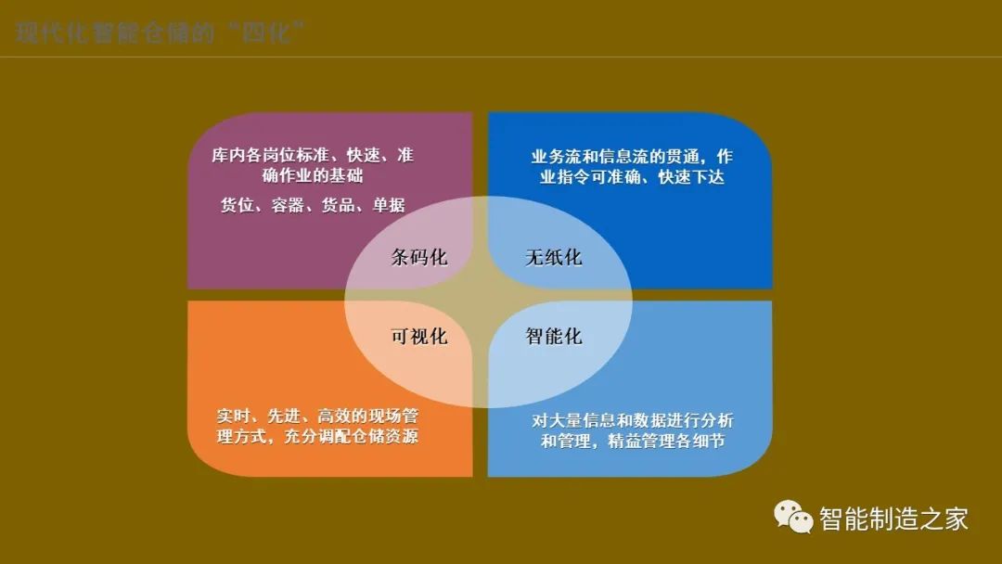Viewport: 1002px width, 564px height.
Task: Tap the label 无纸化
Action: (554, 257)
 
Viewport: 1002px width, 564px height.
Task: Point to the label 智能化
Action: (554, 336)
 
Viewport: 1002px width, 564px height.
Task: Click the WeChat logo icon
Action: (794, 517)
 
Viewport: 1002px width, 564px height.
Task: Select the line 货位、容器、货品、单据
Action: (313, 205)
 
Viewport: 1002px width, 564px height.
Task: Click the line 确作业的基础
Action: (313, 176)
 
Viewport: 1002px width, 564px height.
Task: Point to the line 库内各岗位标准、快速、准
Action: (313, 155)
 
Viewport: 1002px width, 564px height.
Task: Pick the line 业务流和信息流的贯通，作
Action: (632, 155)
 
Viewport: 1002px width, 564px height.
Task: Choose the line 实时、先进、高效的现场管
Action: (317, 415)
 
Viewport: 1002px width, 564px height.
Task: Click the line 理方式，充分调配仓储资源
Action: (317, 436)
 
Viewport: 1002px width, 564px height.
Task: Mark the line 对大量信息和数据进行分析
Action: (633, 420)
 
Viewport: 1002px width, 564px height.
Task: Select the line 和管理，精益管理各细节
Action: (633, 442)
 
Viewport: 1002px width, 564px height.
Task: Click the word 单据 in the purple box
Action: (386, 205)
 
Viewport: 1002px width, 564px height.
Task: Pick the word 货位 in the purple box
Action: (238, 205)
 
